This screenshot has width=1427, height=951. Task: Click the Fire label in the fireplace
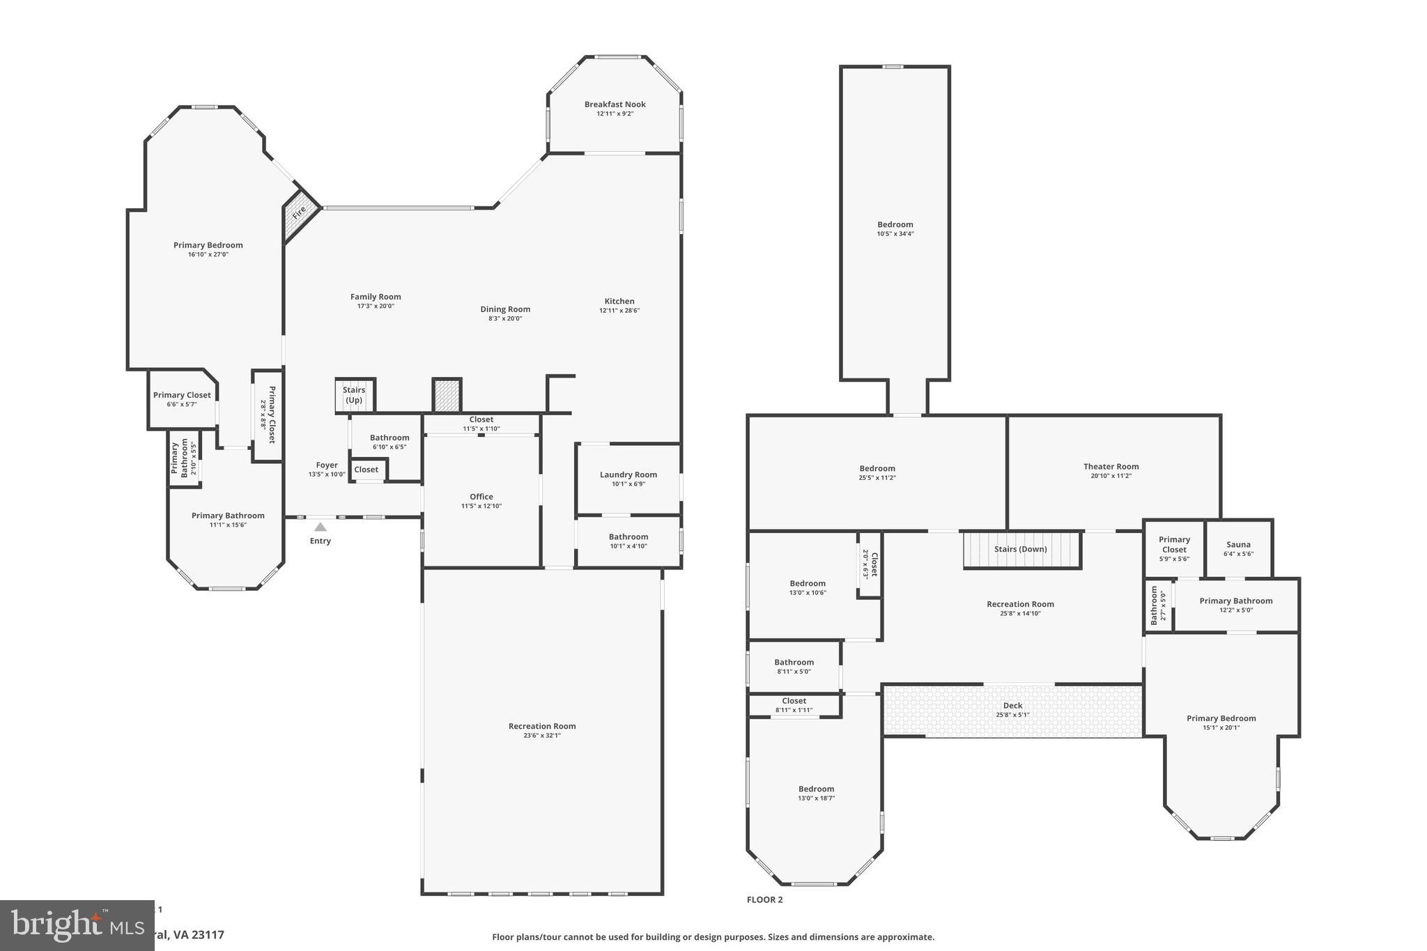299,212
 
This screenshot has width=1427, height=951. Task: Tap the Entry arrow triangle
320,527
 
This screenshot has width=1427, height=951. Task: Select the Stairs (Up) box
355,395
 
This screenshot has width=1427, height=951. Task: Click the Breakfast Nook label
615,105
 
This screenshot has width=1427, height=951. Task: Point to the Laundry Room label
628,474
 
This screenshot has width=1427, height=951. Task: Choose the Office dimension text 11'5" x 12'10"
481,507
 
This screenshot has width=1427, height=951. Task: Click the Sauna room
1238,548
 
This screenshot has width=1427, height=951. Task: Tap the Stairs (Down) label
1020,549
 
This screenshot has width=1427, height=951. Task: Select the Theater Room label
1111,467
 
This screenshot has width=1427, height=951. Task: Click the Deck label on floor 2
1012,706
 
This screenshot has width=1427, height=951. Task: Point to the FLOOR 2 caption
764,899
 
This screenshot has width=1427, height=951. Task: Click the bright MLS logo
77,925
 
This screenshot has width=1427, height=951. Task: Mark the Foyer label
327,465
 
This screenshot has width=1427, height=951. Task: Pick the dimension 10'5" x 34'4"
895,234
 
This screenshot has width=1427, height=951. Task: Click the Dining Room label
505,309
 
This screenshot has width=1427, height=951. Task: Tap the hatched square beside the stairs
446,395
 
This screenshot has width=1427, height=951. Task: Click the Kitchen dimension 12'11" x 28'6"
619,311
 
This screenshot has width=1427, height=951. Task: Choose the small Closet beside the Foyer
367,470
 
